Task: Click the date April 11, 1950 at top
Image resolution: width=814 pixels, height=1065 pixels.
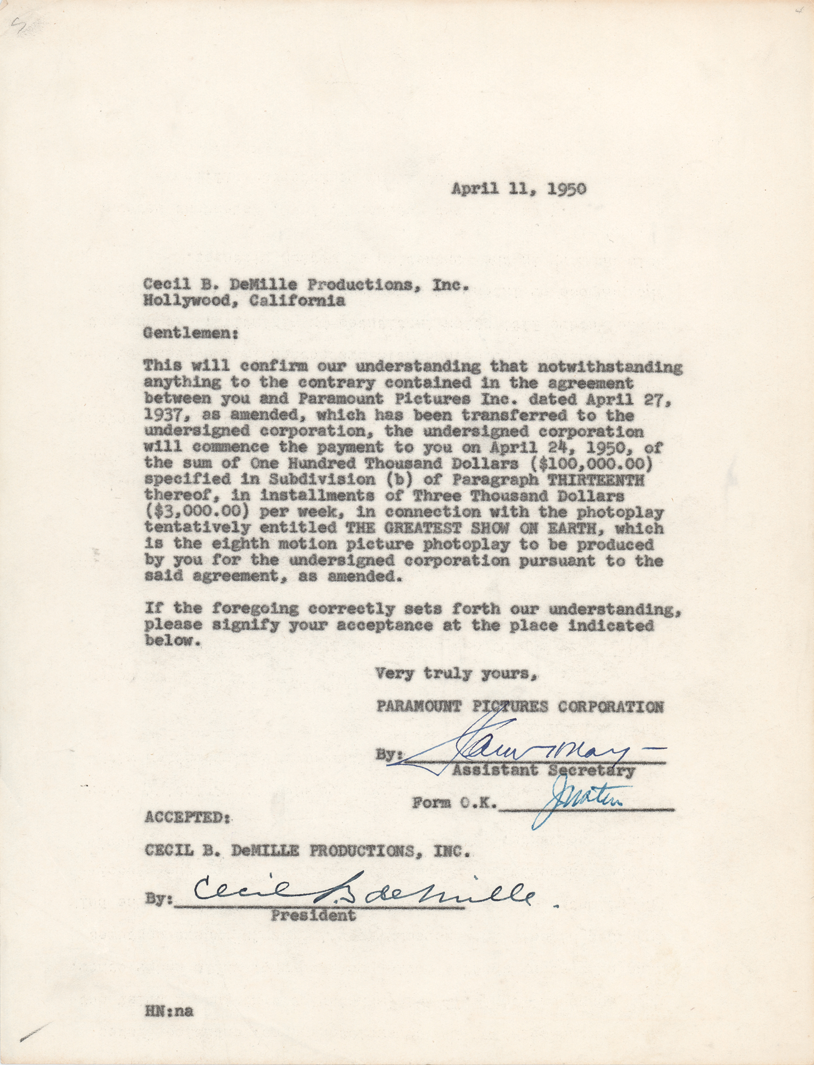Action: (x=519, y=189)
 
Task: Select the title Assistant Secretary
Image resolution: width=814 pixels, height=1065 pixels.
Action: (x=543, y=769)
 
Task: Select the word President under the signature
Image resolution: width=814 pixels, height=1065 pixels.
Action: (x=313, y=916)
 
